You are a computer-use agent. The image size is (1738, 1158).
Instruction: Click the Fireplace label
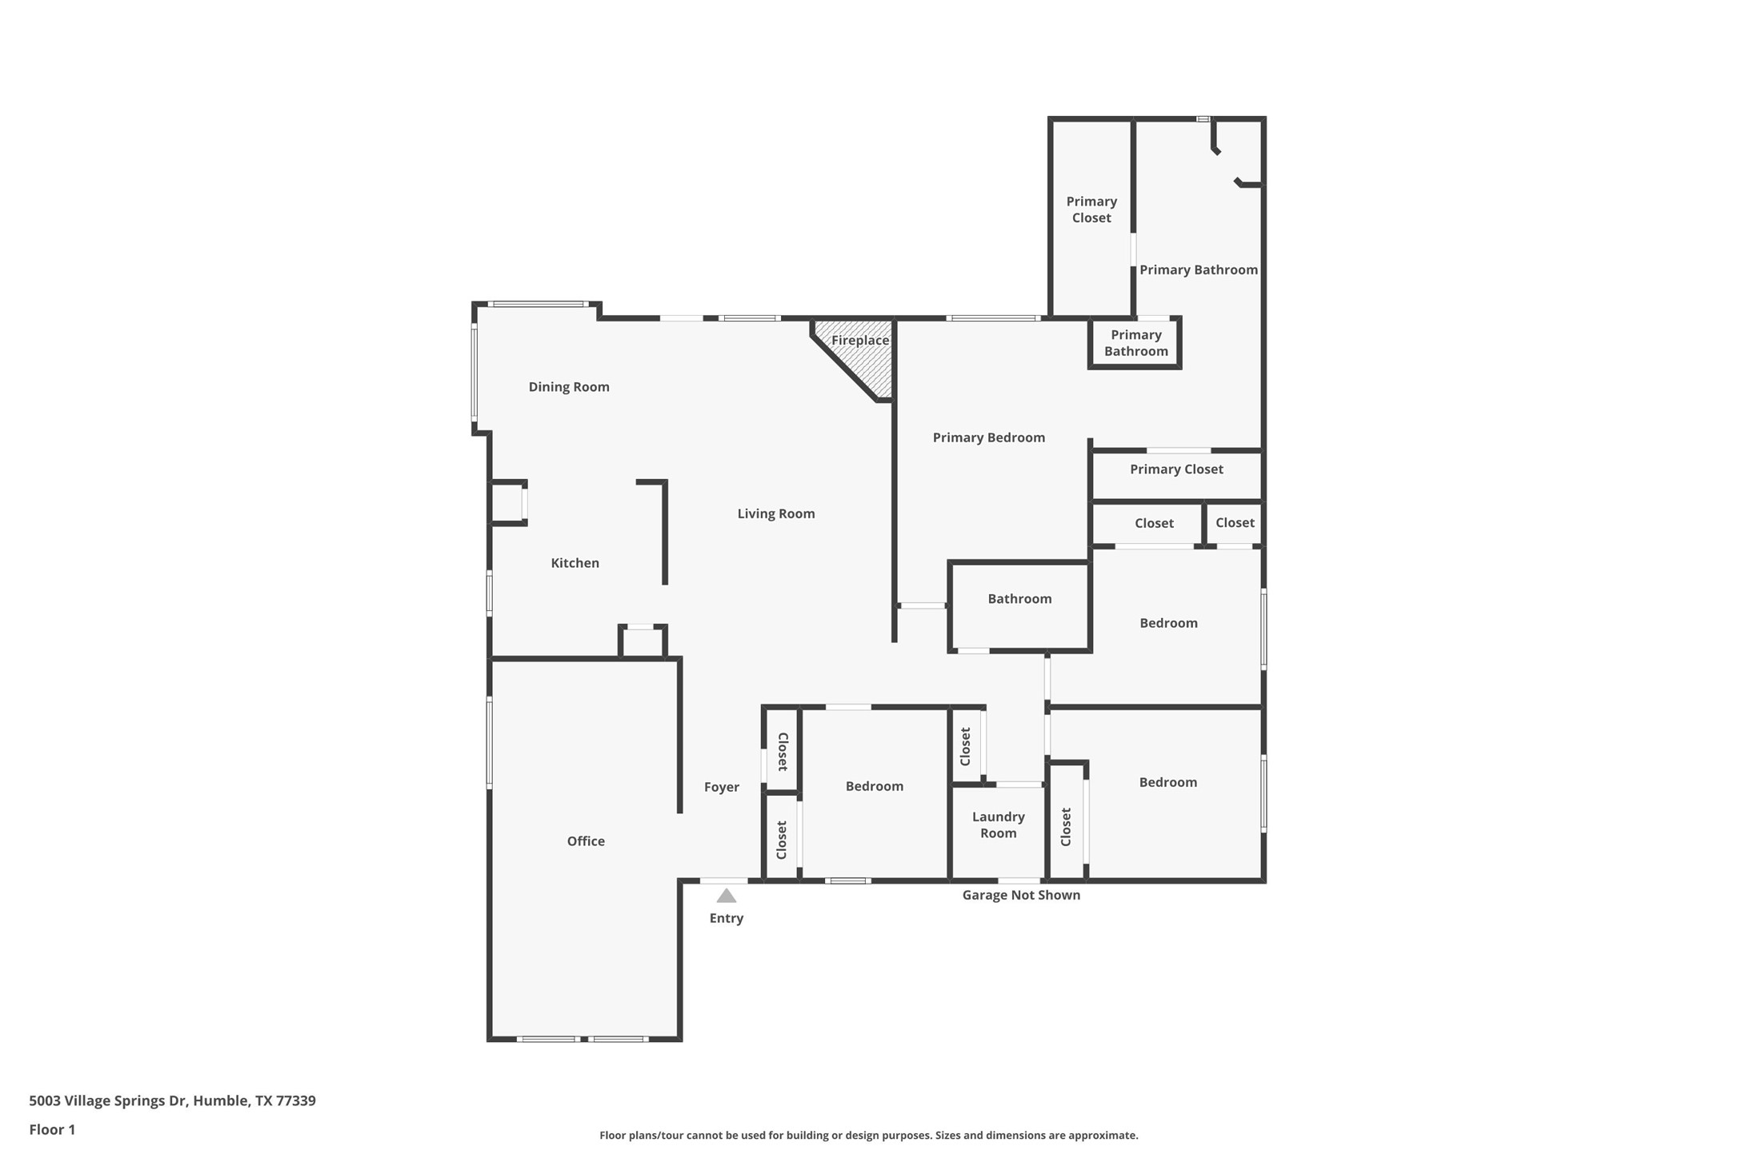(860, 341)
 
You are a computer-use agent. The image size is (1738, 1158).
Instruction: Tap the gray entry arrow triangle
(726, 896)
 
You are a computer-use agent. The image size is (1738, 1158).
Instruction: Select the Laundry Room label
(998, 825)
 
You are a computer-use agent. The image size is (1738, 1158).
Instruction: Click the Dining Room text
(569, 387)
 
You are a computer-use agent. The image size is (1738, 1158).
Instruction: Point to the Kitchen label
(575, 563)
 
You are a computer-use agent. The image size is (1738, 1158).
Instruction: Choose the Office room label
(586, 841)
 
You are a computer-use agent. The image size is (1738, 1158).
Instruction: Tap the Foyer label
(721, 787)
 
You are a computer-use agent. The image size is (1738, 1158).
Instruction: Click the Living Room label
(775, 513)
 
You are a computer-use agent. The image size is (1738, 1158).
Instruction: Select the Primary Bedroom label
(988, 437)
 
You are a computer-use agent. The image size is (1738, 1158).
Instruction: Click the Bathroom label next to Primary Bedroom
(1019, 599)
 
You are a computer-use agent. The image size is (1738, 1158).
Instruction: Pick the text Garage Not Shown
(1021, 895)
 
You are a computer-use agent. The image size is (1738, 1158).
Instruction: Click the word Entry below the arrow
(726, 918)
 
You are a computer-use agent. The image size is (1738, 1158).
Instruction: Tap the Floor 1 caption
(52, 1129)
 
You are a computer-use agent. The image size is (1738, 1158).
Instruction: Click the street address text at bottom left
(172, 1100)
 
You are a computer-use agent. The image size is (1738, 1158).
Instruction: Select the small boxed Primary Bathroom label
(1135, 343)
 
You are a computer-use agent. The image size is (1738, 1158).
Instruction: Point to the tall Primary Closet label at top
(1091, 210)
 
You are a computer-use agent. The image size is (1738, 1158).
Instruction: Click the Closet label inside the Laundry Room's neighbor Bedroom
(1066, 827)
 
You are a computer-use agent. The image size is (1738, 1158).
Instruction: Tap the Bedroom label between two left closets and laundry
(874, 786)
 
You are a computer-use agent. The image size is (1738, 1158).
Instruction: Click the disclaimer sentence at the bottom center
(868, 1135)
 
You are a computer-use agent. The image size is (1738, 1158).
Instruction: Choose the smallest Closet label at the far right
(1235, 523)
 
